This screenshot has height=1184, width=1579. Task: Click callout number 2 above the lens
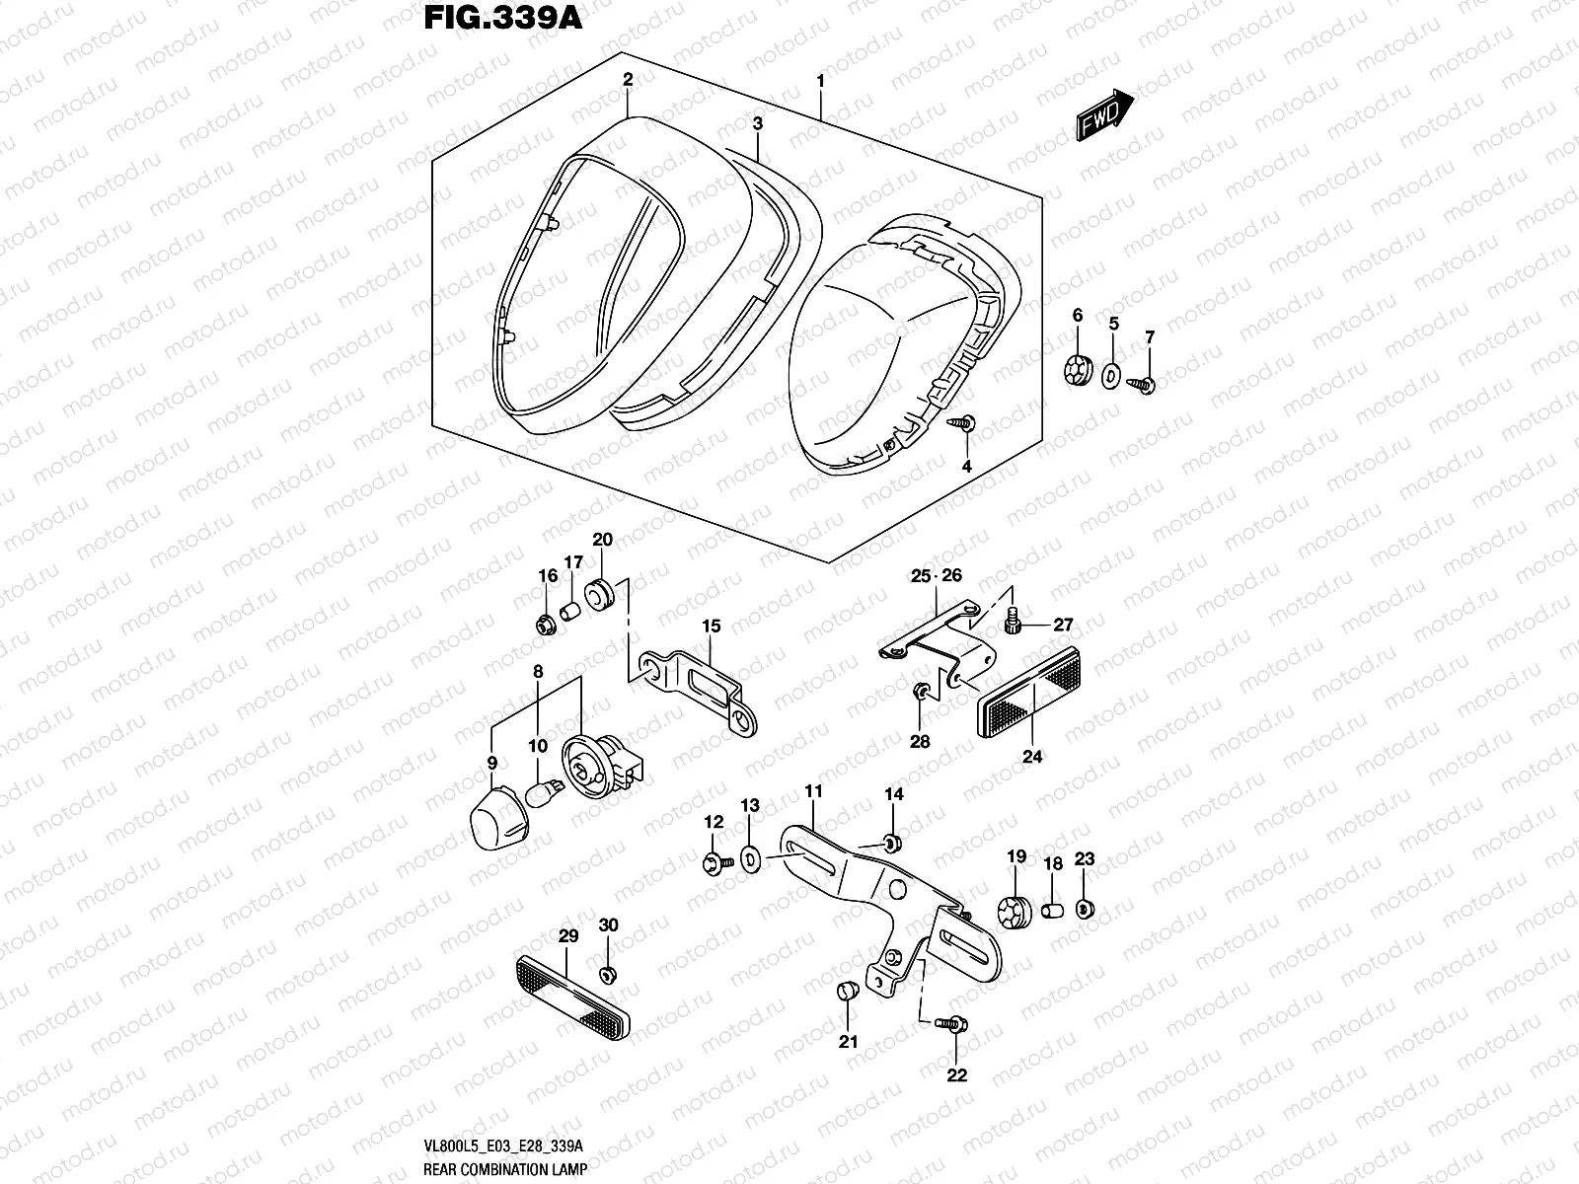pos(627,79)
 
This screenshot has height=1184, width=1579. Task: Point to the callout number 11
pos(813,791)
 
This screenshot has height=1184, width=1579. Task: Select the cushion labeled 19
pos(1014,913)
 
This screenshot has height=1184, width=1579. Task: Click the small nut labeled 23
pos(1084,908)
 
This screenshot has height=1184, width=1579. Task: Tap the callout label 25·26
pos(936,575)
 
